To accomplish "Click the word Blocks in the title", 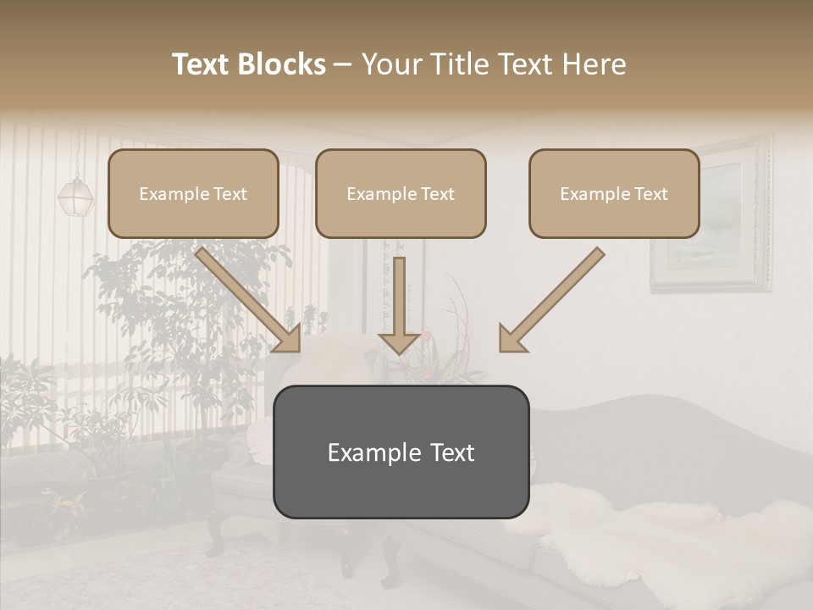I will click(284, 64).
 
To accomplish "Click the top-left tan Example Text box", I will click(193, 193).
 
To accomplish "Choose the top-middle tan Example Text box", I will click(401, 193).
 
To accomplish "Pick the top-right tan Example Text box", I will click(614, 193).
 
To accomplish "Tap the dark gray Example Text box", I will click(401, 452).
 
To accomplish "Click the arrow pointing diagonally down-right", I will click(250, 301).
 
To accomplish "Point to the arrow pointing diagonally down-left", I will click(550, 301).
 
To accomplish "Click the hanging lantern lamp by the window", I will click(74, 195).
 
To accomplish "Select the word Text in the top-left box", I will click(230, 194).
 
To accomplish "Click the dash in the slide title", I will click(343, 64).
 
